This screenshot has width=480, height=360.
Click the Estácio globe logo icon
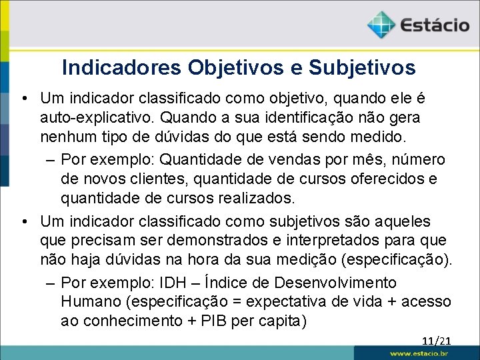381,25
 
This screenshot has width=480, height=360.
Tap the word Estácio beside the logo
435,26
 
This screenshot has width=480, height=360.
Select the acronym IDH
181,283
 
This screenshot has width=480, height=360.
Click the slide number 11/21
436,341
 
